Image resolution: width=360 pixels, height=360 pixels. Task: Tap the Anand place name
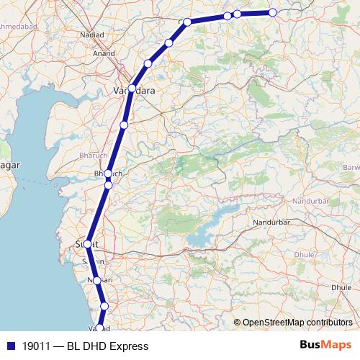pos(104,53)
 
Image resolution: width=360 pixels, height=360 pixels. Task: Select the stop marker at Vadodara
pos(132,89)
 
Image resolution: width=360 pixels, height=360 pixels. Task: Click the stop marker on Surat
pos(88,244)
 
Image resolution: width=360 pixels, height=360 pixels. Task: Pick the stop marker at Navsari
pos(97,280)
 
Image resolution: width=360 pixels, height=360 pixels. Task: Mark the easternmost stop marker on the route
pos(273,12)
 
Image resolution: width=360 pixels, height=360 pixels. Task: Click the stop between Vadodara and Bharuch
pos(124,125)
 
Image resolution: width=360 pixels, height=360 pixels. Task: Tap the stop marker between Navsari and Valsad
pos(104,306)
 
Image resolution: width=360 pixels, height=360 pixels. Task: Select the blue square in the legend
pos(10,346)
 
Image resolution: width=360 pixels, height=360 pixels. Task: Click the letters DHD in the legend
pos(93,346)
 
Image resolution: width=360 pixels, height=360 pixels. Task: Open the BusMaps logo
pos(325,346)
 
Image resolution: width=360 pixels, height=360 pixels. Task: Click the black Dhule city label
pos(341,287)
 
